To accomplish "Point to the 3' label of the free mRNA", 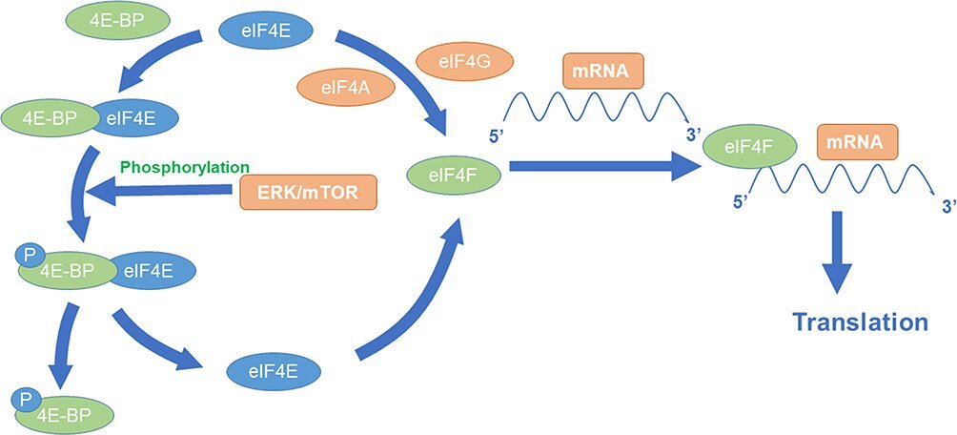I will point(693,135).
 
